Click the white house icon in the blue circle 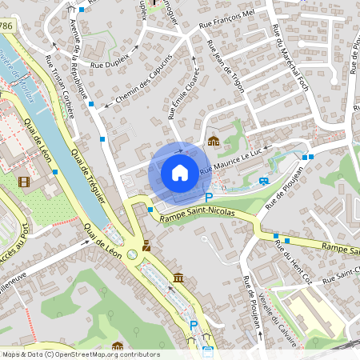click(180, 172)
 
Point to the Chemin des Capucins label click(143, 81)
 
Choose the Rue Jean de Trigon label click(225, 66)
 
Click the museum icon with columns click(178, 278)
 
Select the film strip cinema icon click(24, 182)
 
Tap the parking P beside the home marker click(209, 197)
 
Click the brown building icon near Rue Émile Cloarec click(213, 141)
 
